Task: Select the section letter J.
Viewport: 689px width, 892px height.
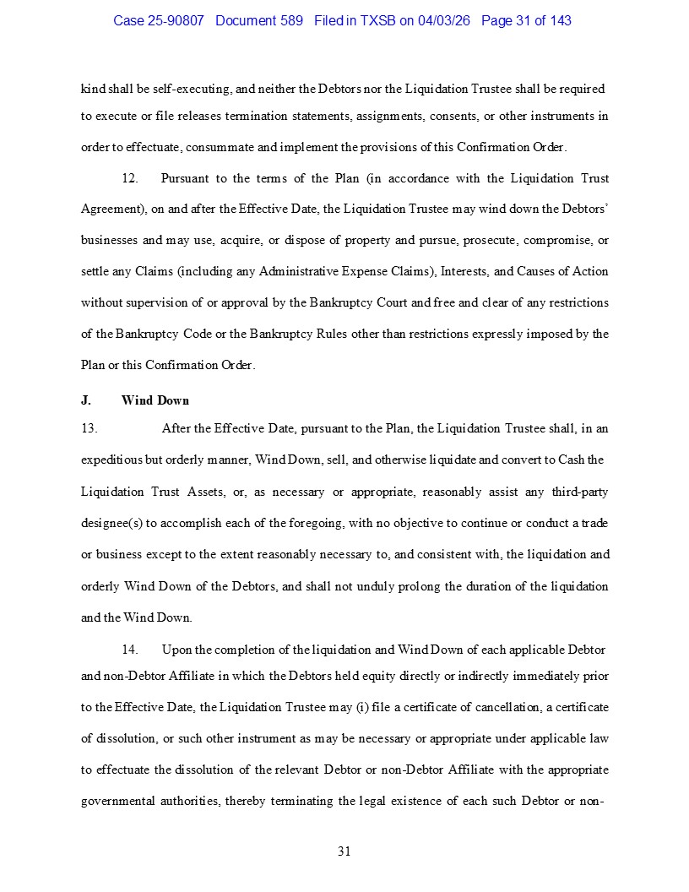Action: pyautogui.click(x=85, y=400)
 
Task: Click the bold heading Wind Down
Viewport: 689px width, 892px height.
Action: pyautogui.click(x=155, y=400)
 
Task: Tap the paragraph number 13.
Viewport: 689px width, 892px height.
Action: pyautogui.click(x=89, y=428)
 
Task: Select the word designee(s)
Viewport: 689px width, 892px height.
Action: pyautogui.click(x=111, y=523)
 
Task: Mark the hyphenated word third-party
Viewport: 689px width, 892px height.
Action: pyautogui.click(x=580, y=492)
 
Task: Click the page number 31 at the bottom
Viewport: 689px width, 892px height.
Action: pyautogui.click(x=344, y=851)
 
